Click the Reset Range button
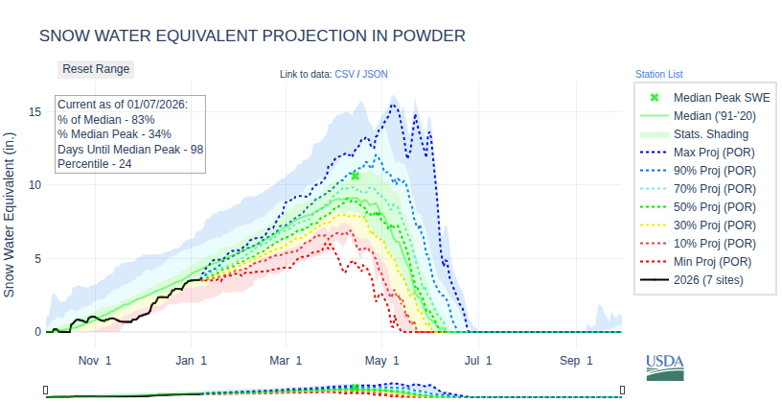pyautogui.click(x=95, y=69)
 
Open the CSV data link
pyautogui.click(x=344, y=74)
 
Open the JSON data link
pyautogui.click(x=375, y=74)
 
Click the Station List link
pyautogui.click(x=658, y=74)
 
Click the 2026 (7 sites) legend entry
pyautogui.click(x=708, y=280)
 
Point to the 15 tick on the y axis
pyautogui.click(x=34, y=111)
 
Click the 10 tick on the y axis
pyautogui.click(x=34, y=185)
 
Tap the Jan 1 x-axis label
pyautogui.click(x=191, y=361)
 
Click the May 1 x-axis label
pyautogui.click(x=383, y=361)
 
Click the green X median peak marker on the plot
pyautogui.click(x=355, y=177)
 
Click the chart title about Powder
pyautogui.click(x=252, y=36)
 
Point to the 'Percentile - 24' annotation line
pyautogui.click(x=95, y=164)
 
